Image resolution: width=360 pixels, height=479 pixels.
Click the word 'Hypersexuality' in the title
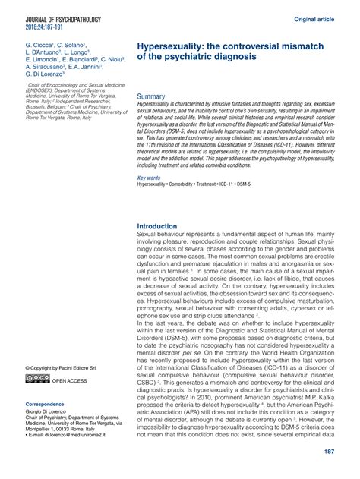point(174,47)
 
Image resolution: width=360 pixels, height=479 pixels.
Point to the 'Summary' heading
point(153,98)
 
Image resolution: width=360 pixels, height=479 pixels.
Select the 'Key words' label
point(149,177)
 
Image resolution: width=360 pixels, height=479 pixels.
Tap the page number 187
point(330,453)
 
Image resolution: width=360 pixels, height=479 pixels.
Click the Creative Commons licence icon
point(36,380)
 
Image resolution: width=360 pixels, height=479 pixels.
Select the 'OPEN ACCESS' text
point(70,380)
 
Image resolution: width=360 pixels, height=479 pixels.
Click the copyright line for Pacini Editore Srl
point(63,367)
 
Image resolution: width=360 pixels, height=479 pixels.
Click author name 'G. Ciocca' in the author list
point(40,46)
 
